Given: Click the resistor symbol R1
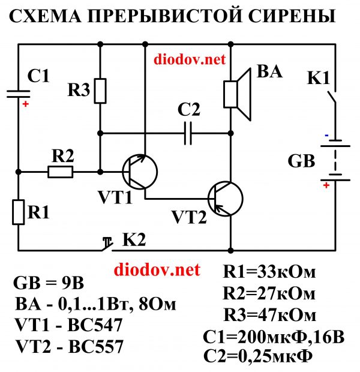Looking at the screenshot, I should click(x=19, y=212).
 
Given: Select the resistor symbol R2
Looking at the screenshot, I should click(x=60, y=172).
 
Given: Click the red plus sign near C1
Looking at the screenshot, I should click(x=25, y=104).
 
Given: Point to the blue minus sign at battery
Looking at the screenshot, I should click(x=326, y=136).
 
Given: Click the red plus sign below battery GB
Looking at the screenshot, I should click(x=326, y=185).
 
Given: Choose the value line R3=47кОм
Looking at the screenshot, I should click(x=269, y=314).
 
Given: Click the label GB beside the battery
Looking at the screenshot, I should click(x=302, y=161).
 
